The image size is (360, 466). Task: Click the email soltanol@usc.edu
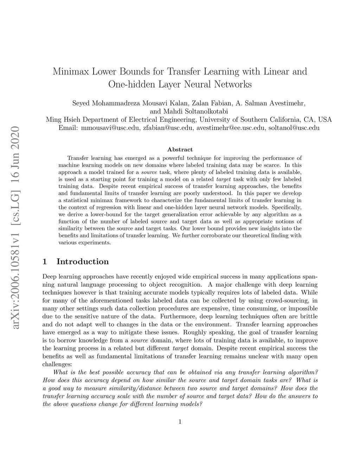point(294,128)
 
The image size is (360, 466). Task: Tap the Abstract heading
point(180,149)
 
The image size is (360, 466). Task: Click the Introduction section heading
point(83,262)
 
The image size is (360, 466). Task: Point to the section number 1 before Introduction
point(45,262)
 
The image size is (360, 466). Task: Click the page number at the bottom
point(180,422)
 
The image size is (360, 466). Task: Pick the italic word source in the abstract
point(149,172)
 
